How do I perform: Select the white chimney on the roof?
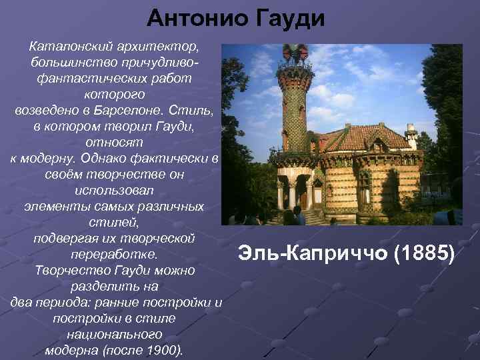coord(411,137)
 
